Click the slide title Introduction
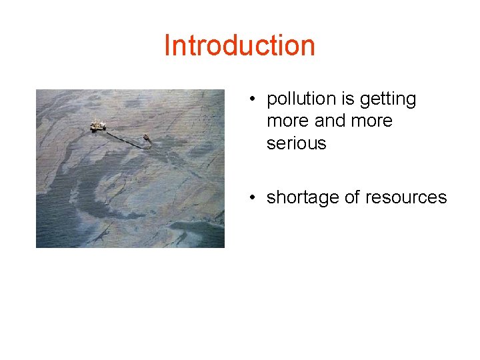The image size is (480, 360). [x=239, y=45]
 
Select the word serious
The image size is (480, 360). [x=296, y=143]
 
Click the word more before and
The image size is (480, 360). [x=287, y=121]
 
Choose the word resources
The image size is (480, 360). [x=408, y=197]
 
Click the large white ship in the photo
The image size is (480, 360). [x=98, y=125]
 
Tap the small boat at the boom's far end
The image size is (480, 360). [x=146, y=138]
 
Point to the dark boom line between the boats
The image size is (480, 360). [x=123, y=138]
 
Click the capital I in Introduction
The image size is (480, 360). [x=167, y=45]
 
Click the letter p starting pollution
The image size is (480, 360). [x=271, y=101]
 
